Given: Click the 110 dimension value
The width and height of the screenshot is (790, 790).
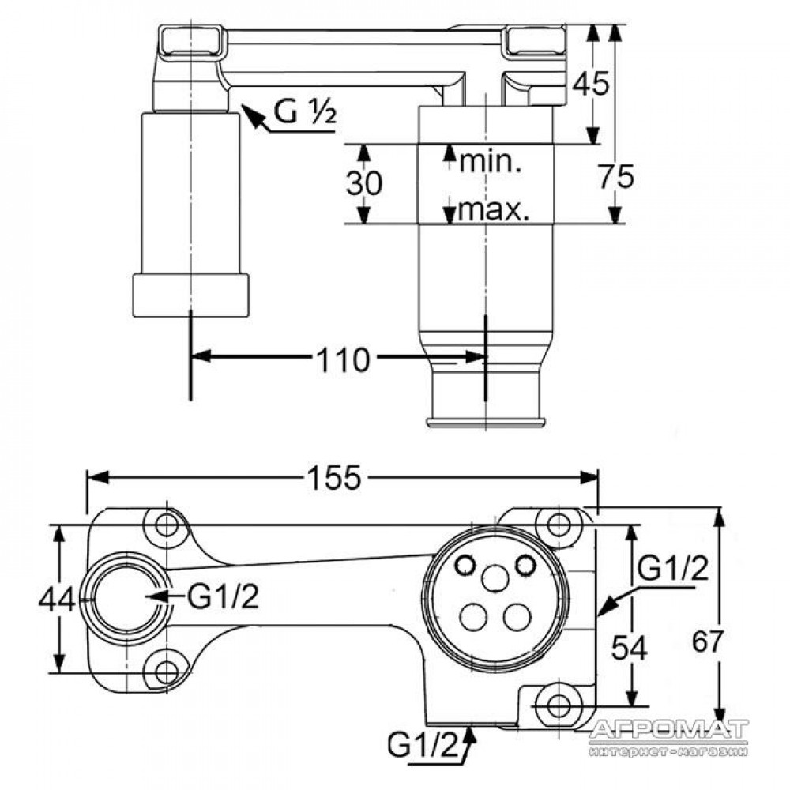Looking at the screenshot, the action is click(x=343, y=360).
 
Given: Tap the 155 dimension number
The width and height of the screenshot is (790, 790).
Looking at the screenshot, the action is click(x=334, y=477).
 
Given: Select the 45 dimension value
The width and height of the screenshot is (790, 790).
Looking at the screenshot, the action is click(x=592, y=83).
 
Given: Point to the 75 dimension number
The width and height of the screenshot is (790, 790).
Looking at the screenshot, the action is click(x=616, y=176).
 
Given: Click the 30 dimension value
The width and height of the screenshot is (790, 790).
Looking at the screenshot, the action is click(x=363, y=182).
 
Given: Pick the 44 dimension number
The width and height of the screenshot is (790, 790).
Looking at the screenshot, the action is click(x=57, y=600).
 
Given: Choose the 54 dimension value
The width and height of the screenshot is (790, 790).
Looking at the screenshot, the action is click(x=629, y=648).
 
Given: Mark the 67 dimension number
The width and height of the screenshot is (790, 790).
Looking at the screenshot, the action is click(x=707, y=641).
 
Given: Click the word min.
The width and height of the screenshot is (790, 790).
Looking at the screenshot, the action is click(x=491, y=162).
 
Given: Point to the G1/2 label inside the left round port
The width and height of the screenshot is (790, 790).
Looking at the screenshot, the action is click(x=223, y=597).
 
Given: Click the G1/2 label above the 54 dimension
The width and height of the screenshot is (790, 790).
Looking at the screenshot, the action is click(x=672, y=568).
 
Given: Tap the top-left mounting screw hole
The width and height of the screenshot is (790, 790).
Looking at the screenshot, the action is click(x=166, y=526).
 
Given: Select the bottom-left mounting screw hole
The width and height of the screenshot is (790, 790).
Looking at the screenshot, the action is click(x=166, y=671).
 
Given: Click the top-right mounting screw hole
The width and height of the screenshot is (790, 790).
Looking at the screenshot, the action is click(x=559, y=525).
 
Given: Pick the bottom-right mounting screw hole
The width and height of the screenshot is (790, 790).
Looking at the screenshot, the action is click(x=558, y=705).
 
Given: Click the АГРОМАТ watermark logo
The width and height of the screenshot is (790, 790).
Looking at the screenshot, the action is click(x=669, y=736).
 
